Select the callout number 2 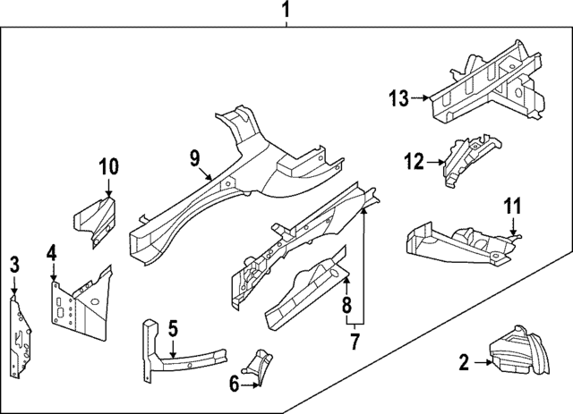(464, 362)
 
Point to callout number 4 (52, 254)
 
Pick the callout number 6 (235, 384)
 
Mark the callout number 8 (346, 308)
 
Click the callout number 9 (193, 159)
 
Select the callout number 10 (107, 166)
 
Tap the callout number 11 (511, 207)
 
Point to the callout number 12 (413, 162)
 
